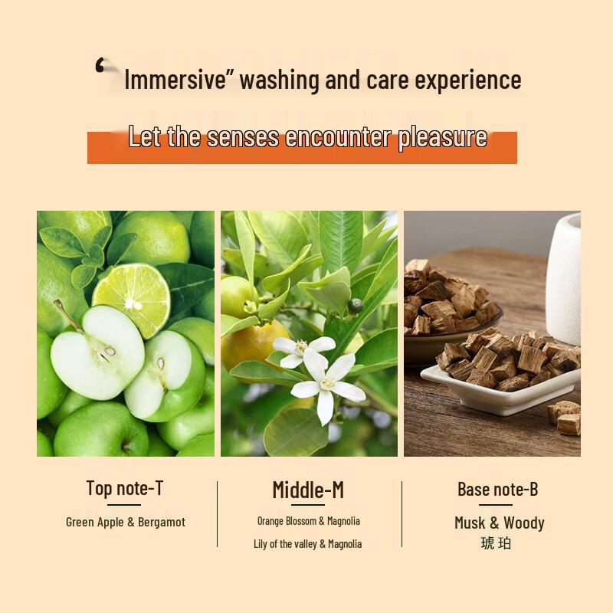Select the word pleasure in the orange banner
[442, 137]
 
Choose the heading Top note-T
[125, 488]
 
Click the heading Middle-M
[308, 490]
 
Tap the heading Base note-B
[497, 489]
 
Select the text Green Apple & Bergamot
[126, 523]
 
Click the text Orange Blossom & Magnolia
[308, 521]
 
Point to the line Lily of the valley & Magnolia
[308, 544]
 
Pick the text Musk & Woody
[499, 523]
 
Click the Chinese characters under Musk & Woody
[496, 543]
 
